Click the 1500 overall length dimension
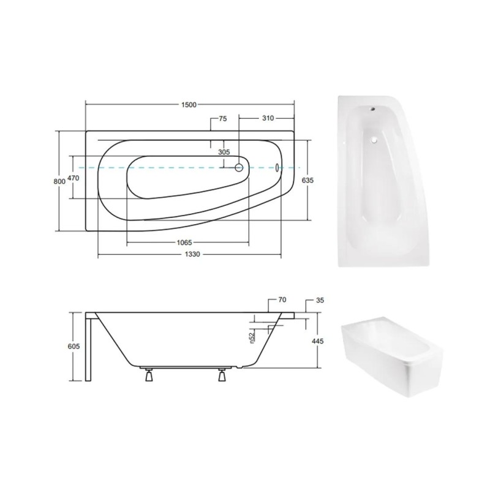point(189,104)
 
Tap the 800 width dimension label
point(59,181)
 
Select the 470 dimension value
point(73,178)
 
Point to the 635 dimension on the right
point(308,180)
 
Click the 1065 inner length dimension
point(184,243)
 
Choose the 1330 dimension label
point(192,254)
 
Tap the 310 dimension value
point(268,118)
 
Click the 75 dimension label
point(223,119)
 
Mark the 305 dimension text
point(224,152)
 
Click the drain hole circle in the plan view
point(239,168)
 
